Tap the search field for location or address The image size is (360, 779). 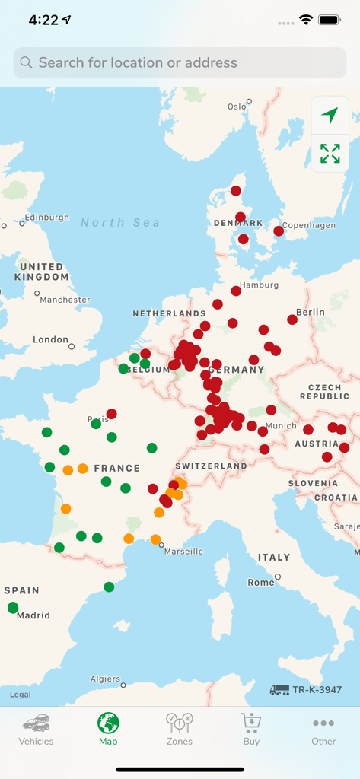tap(180, 63)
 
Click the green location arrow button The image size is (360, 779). tap(330, 116)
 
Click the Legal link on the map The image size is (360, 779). tap(21, 695)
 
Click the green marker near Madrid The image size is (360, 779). tap(13, 607)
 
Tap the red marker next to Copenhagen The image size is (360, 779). tap(279, 231)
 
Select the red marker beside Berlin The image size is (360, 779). tap(292, 320)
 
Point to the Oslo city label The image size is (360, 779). tap(237, 107)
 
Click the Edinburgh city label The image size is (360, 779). tap(46, 218)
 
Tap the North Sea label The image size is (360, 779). tap(120, 222)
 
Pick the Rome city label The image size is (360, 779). tap(260, 582)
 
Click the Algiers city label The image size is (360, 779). tap(105, 679)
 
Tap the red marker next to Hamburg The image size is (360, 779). tap(236, 291)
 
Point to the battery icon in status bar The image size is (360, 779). tap(330, 20)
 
